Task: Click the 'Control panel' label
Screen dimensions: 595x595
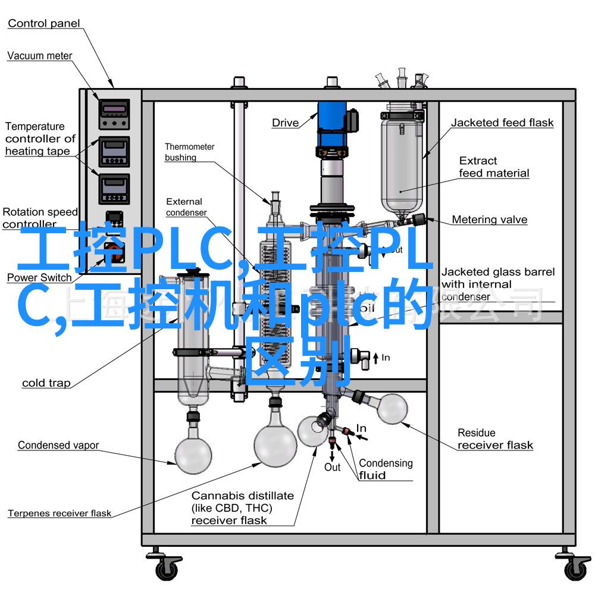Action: coord(44,24)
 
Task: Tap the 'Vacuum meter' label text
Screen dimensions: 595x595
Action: coord(40,56)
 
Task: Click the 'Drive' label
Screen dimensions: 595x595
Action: coord(285,123)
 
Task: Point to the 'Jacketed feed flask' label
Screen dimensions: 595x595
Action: coord(502,123)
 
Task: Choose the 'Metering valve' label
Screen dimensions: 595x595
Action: coord(489,220)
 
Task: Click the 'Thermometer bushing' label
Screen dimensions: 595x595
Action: coord(189,152)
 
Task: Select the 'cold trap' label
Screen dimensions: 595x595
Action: coord(46,383)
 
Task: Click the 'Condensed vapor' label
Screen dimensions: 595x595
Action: coord(58,445)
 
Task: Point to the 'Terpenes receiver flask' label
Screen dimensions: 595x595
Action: coord(59,513)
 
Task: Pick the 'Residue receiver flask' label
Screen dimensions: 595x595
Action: coord(495,439)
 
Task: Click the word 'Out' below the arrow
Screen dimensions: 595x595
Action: coord(332,467)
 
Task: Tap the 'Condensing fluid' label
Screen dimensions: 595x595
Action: coord(385,469)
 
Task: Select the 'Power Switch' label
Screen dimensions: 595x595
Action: coord(39,278)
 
